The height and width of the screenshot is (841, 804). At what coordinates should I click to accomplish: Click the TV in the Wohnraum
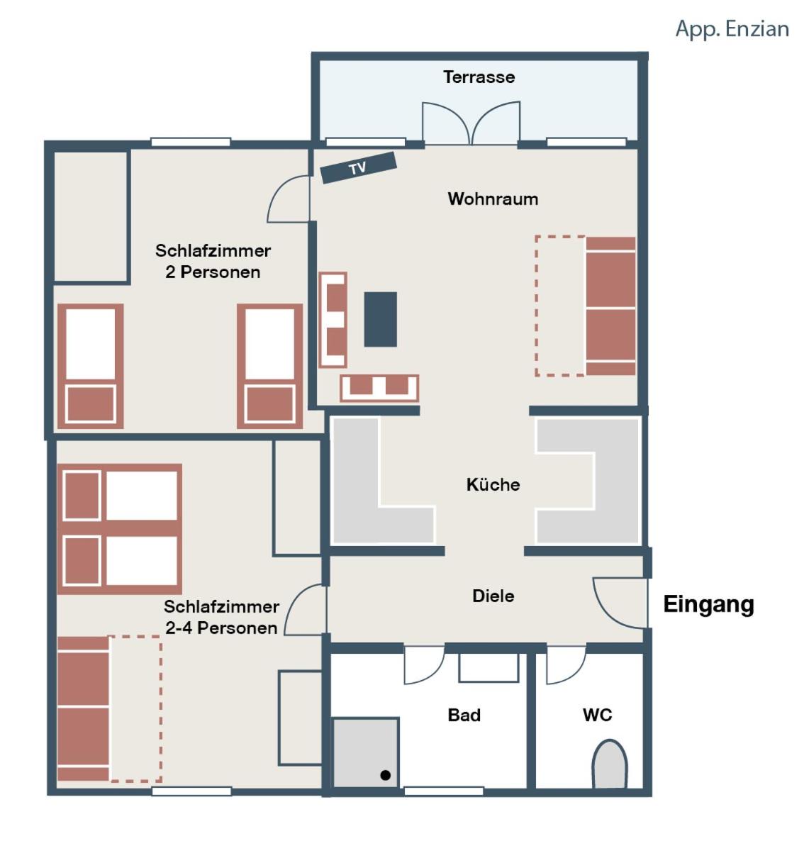tap(358, 167)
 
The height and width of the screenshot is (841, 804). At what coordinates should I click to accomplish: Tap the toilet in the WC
tap(609, 764)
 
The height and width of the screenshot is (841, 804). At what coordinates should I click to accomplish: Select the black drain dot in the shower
tap(385, 774)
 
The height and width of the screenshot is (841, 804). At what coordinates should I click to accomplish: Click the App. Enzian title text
tap(732, 28)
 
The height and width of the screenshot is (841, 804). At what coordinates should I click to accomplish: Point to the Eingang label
tap(708, 604)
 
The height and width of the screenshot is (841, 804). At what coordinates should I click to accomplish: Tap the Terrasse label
tap(479, 77)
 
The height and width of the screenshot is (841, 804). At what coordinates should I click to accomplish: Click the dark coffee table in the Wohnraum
tap(380, 319)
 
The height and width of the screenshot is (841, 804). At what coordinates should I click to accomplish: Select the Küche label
tap(493, 484)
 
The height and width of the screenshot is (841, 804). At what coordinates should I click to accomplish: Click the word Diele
tap(493, 596)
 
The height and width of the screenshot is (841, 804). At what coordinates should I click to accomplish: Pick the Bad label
tap(464, 715)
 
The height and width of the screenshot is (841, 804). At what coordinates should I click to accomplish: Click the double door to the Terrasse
tap(471, 122)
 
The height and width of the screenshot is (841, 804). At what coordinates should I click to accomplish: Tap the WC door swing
tap(565, 665)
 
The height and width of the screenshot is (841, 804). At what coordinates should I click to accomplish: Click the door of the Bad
tap(424, 665)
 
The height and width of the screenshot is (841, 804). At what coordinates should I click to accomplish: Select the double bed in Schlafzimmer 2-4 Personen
tap(120, 529)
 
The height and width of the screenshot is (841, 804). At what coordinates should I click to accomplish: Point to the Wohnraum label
tap(493, 199)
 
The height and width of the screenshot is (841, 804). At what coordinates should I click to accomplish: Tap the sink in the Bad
tap(488, 668)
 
